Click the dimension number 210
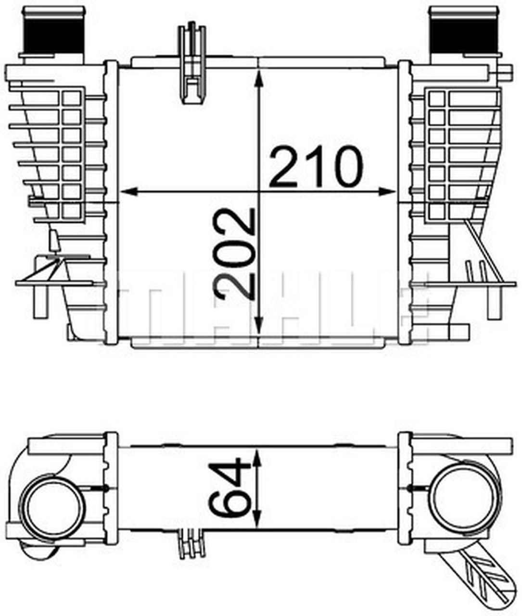pyautogui.click(x=317, y=167)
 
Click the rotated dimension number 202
pyautogui.click(x=234, y=254)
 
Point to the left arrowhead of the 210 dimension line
pyautogui.click(x=129, y=192)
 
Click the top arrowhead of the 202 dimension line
pyautogui.click(x=260, y=78)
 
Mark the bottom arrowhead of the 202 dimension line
pyautogui.click(x=260, y=326)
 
